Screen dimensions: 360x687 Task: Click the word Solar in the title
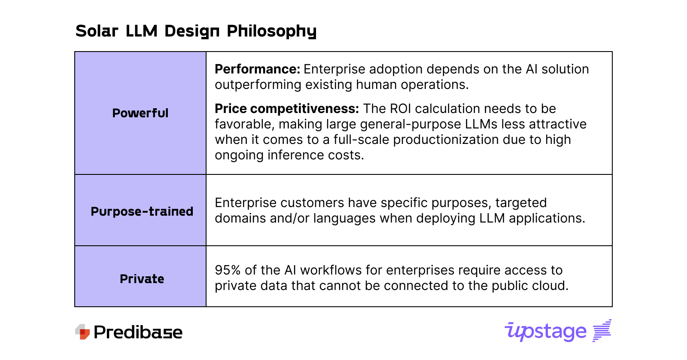(97, 31)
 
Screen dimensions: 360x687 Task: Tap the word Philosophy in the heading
(271, 31)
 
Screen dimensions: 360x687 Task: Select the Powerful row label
(140, 113)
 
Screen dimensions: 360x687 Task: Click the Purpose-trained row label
(142, 211)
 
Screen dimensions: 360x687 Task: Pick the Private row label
(142, 279)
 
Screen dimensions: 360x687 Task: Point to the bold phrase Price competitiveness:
(286, 109)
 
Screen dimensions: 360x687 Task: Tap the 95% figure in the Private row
(228, 270)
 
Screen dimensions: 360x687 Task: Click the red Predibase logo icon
(82, 332)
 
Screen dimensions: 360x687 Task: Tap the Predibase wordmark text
(138, 332)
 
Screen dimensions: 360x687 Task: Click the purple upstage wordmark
(545, 331)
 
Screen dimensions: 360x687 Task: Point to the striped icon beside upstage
(602, 330)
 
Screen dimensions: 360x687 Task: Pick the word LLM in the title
(141, 31)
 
